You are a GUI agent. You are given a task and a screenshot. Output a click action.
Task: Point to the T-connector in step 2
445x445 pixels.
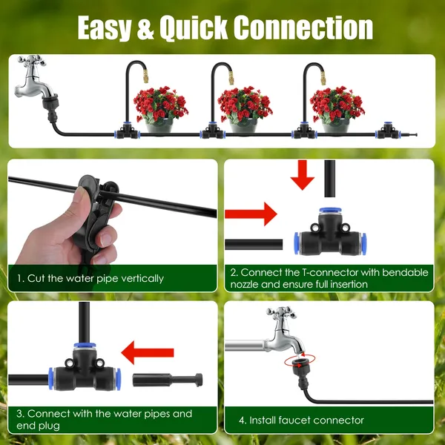[326, 237]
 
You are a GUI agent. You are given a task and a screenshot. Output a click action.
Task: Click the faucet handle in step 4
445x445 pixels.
[282, 315]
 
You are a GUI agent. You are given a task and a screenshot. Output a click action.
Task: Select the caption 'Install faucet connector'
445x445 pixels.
[301, 420]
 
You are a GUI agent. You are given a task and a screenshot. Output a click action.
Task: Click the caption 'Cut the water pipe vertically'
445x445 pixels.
[90, 278]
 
